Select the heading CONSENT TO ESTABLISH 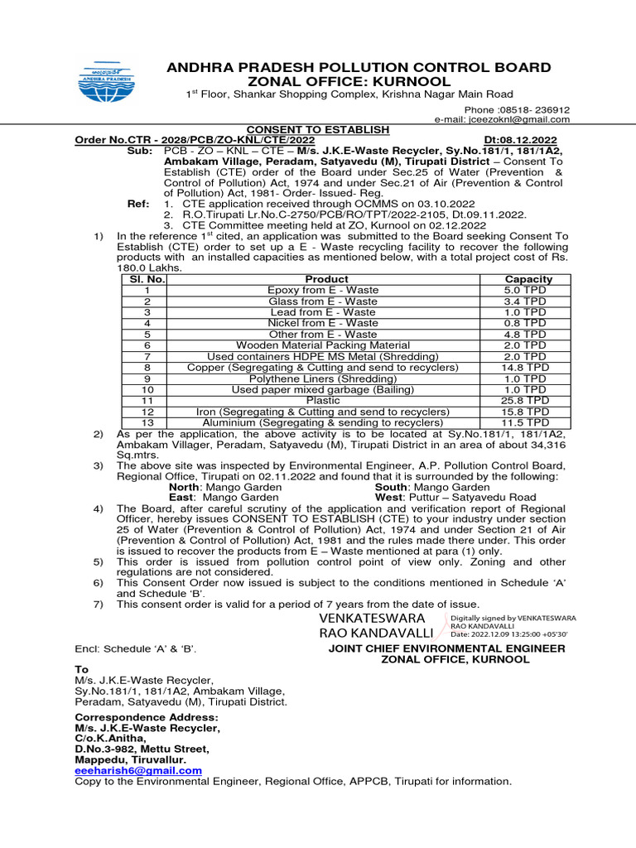pos(317,130)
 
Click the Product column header pos(327,279)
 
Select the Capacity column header pos(528,279)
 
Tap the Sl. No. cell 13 pos(147,422)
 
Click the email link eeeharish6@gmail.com pos(138,770)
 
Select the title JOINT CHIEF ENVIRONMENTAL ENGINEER pos(447,648)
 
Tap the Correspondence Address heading pos(147,716)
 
